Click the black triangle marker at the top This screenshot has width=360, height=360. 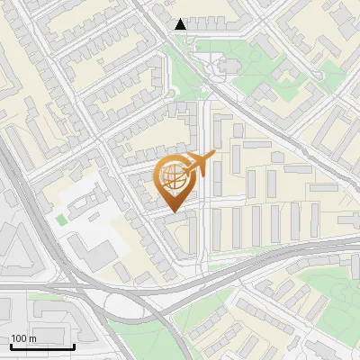(181, 24)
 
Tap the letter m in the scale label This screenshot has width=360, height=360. (33, 338)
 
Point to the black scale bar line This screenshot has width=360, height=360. (41, 346)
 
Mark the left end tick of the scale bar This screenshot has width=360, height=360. (10, 345)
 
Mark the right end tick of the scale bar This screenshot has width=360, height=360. (74, 345)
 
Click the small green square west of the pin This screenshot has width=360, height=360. (61, 219)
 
